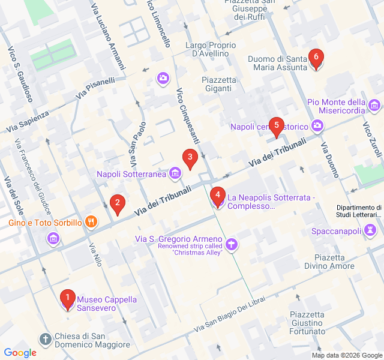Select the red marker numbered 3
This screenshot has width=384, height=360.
tap(190, 160)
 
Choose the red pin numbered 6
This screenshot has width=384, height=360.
tap(316, 59)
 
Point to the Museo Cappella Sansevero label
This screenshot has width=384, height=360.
tap(107, 304)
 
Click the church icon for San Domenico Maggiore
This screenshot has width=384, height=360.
tap(46, 340)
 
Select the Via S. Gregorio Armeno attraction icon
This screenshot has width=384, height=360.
tap(232, 244)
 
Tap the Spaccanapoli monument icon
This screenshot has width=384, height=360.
tap(370, 230)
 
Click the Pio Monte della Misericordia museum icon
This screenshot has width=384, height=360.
tap(375, 106)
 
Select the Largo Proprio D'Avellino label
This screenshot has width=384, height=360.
tap(207, 49)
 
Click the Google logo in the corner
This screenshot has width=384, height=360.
tap(20, 353)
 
